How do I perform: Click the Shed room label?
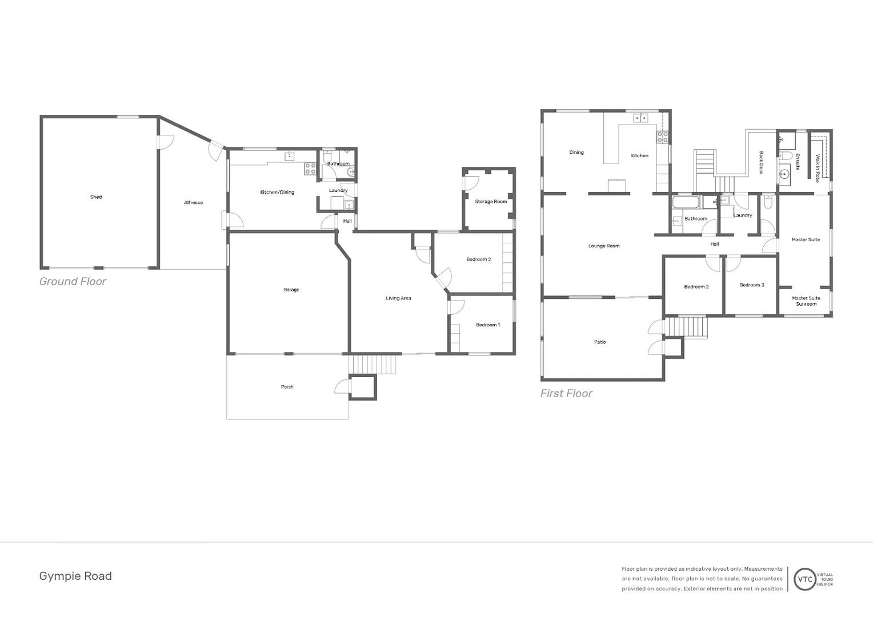(96, 197)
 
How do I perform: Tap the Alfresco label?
(193, 203)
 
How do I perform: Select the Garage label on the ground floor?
(291, 290)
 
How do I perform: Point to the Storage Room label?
(491, 202)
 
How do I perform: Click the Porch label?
(287, 387)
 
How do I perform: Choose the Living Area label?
(398, 298)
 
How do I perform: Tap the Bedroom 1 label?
(488, 325)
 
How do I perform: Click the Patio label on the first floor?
(600, 342)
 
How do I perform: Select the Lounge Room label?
(604, 246)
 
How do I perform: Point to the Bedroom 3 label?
(751, 285)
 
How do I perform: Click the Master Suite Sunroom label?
(806, 301)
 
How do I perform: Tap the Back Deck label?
(761, 163)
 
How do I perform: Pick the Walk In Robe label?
(818, 168)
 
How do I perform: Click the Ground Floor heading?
(73, 282)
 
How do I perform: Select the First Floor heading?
(566, 394)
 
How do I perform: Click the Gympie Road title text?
(75, 576)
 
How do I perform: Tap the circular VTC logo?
(805, 579)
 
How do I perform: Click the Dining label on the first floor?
(576, 153)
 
